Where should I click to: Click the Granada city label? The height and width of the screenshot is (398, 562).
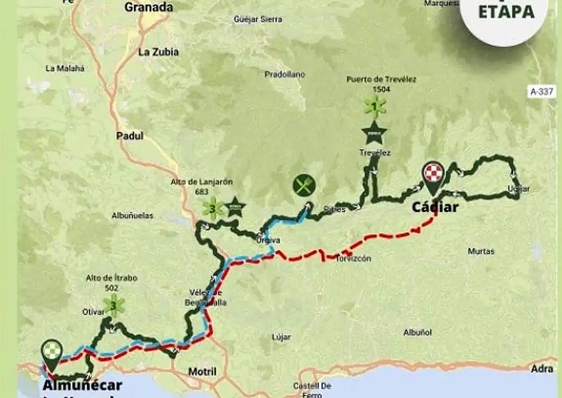[149, 7]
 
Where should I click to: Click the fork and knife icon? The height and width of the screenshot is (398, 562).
[304, 185]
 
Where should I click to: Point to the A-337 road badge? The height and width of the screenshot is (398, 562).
[542, 91]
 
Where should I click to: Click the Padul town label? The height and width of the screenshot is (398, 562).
[130, 136]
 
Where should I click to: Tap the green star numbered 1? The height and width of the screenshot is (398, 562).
[375, 107]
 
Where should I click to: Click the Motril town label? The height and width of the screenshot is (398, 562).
[202, 371]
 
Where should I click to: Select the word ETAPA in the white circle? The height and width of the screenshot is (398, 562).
[506, 12]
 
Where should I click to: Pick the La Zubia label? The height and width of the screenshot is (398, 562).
[159, 52]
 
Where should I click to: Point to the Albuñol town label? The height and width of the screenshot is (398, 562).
[418, 333]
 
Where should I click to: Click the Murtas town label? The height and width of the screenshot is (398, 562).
[481, 252]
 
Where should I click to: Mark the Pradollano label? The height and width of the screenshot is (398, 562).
[285, 74]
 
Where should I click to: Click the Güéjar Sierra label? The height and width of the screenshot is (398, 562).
[258, 19]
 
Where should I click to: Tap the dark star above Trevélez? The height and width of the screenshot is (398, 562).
[374, 133]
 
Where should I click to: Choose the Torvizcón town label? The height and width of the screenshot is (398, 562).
[354, 259]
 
